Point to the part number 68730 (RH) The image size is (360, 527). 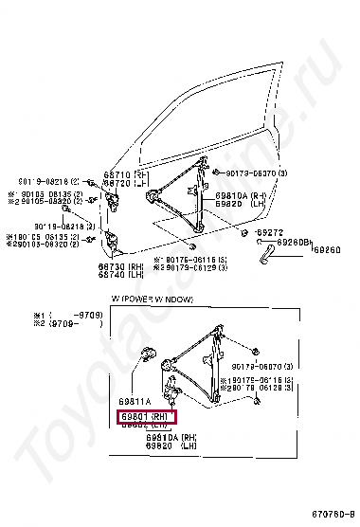[x=119, y=267]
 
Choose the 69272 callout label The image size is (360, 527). [x=270, y=232]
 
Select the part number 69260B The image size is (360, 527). [x=293, y=243]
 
